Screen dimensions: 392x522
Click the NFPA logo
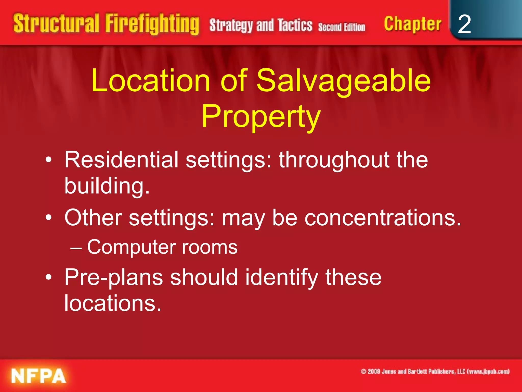click(x=38, y=375)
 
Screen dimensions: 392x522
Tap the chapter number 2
click(x=464, y=24)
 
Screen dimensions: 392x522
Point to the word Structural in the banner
click(x=56, y=23)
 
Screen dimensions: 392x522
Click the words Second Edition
click(x=342, y=27)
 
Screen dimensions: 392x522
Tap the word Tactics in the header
click(x=295, y=25)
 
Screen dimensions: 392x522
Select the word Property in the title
click(x=261, y=117)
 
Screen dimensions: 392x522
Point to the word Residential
click(x=121, y=160)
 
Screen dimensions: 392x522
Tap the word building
click(x=107, y=186)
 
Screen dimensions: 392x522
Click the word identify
click(x=282, y=278)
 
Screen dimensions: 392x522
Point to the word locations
click(x=113, y=303)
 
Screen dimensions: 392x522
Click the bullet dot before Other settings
click(x=49, y=218)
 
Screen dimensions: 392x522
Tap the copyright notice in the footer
click(x=435, y=371)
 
